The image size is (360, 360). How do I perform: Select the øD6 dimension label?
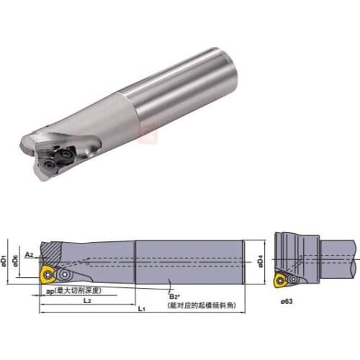[18, 258]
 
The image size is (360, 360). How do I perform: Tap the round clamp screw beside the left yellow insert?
[66, 274]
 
